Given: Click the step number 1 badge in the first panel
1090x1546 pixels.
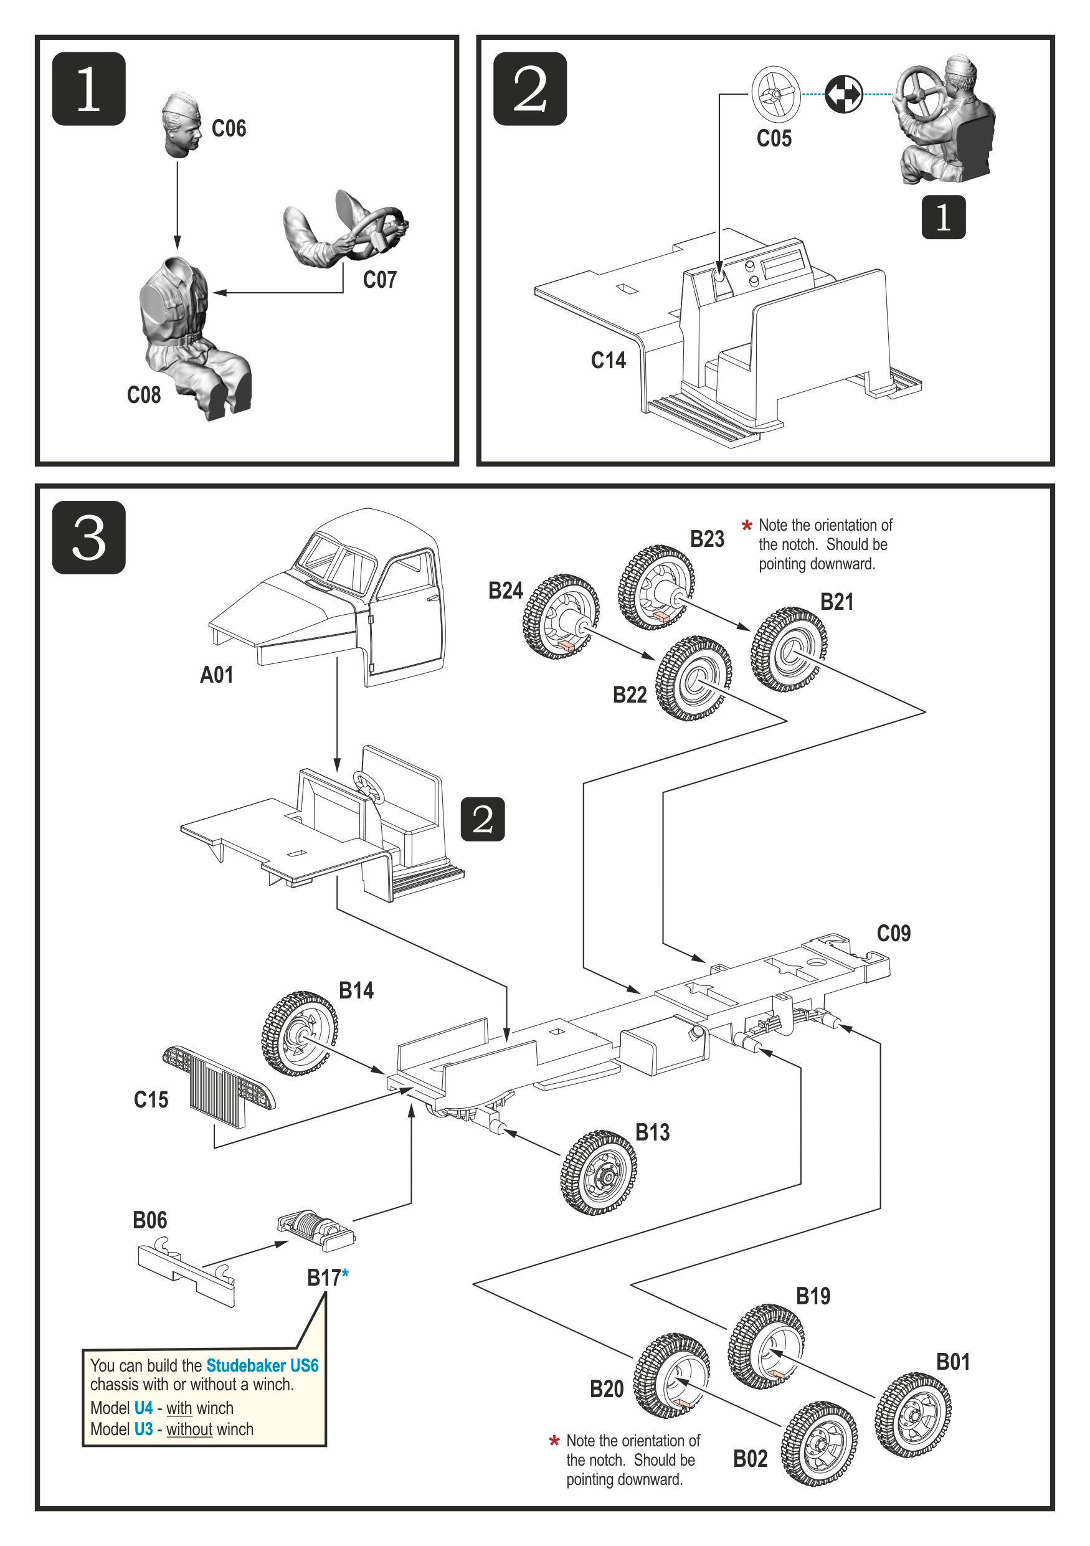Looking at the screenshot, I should click(x=89, y=89).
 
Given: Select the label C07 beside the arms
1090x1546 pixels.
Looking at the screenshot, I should click(x=380, y=280).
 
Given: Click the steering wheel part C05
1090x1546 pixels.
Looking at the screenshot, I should click(x=775, y=94).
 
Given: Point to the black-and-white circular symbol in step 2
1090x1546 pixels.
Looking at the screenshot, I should click(x=843, y=94).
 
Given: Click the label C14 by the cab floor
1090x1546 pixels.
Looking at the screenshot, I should click(x=608, y=360).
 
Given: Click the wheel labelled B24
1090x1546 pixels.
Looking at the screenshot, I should click(x=561, y=616).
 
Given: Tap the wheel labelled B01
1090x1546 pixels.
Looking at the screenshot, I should click(x=913, y=1415).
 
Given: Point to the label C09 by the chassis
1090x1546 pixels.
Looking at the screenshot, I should click(x=893, y=933).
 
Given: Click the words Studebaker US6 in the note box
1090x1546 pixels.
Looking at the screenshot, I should click(x=262, y=1365).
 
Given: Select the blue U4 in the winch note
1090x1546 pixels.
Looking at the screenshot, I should click(x=143, y=1408).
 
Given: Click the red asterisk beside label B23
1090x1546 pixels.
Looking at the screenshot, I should click(x=747, y=525).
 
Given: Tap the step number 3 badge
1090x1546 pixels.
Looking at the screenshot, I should click(x=89, y=538).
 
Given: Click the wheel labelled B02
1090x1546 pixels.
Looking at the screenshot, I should click(x=819, y=1444).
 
